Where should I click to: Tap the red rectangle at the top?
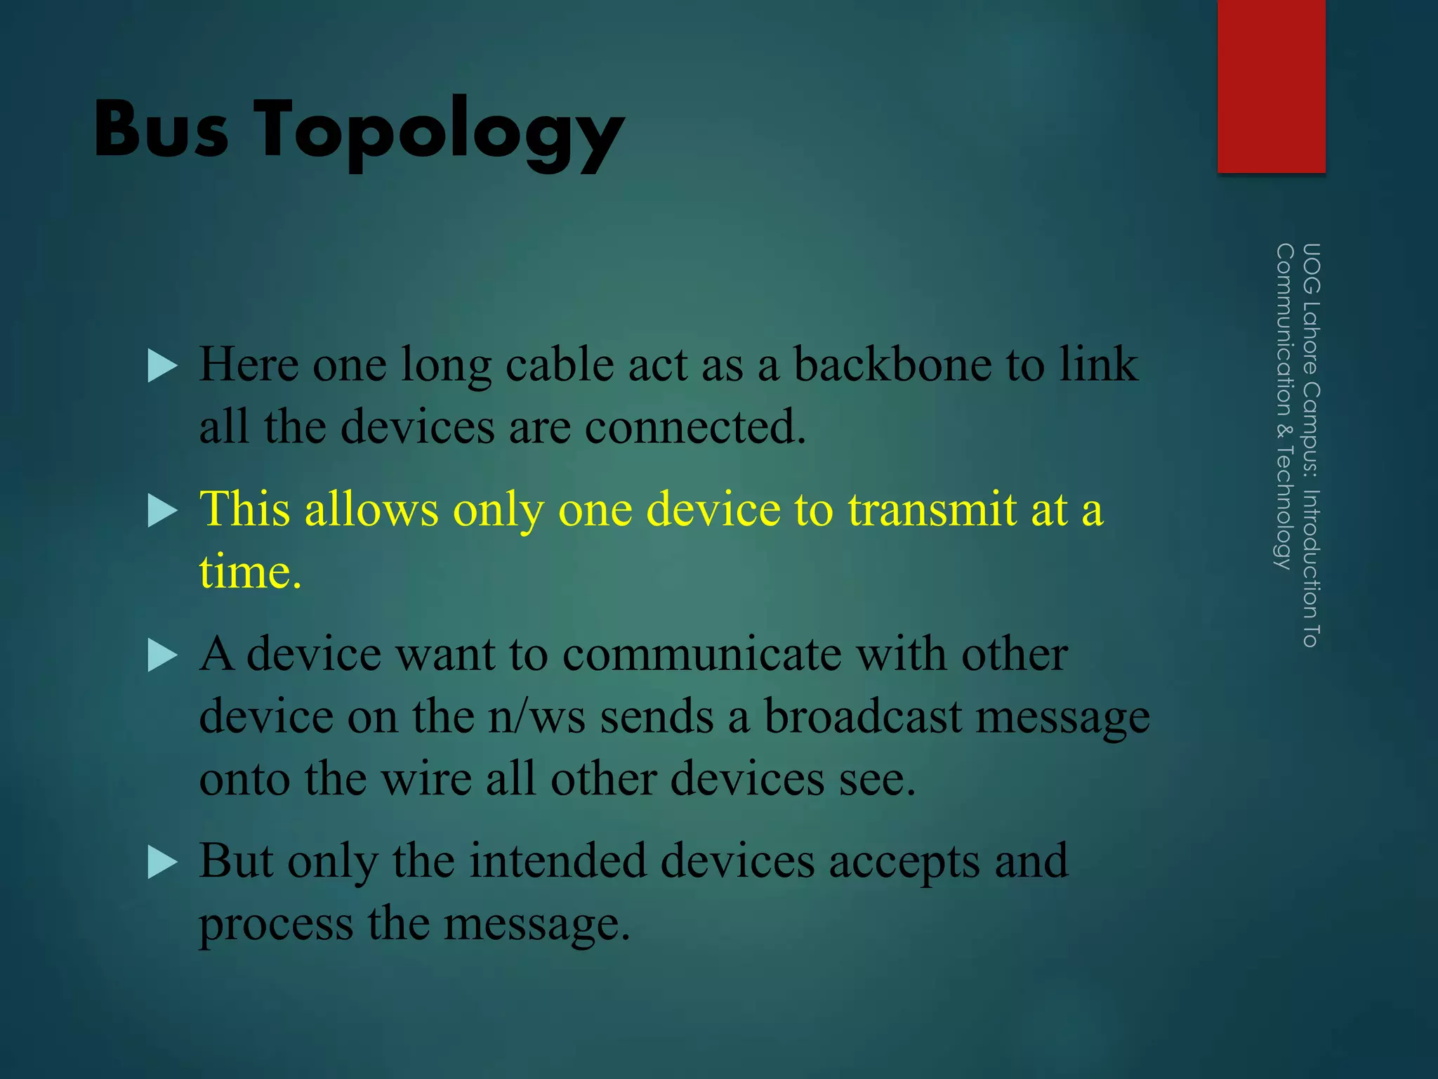click(x=1271, y=86)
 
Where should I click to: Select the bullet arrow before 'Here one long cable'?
click(x=163, y=367)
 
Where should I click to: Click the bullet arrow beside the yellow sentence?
click(x=163, y=511)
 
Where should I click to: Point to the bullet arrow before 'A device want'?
click(x=163, y=656)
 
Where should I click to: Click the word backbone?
click(x=892, y=365)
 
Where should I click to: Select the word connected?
click(x=695, y=427)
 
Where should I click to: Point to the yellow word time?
click(x=249, y=571)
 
